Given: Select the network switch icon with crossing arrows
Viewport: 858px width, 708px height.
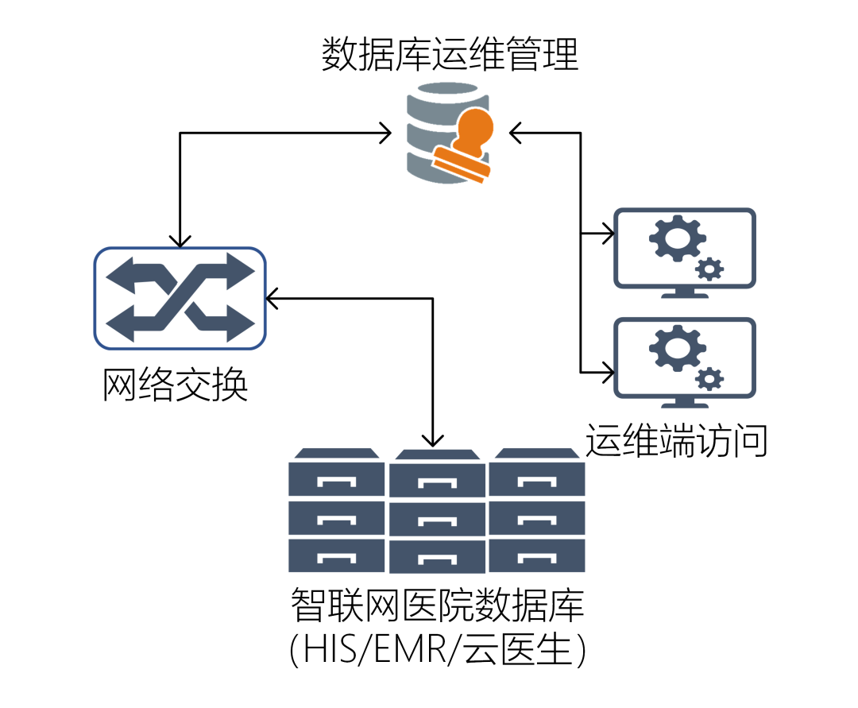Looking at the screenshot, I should [180, 298].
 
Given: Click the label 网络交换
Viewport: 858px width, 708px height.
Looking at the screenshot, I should [176, 385].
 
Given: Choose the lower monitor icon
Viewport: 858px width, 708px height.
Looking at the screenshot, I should [685, 362].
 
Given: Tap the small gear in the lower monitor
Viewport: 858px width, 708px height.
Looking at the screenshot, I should [709, 377].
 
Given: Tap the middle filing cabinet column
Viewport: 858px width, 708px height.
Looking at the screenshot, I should [437, 513].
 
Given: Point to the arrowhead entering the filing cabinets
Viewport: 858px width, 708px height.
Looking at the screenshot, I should [433, 439].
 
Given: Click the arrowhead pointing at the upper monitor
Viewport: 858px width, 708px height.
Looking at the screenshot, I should [608, 234].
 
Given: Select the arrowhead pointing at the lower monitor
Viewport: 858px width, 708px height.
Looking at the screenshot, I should [608, 370].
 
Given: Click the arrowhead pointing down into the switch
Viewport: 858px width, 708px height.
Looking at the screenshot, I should [180, 240].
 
